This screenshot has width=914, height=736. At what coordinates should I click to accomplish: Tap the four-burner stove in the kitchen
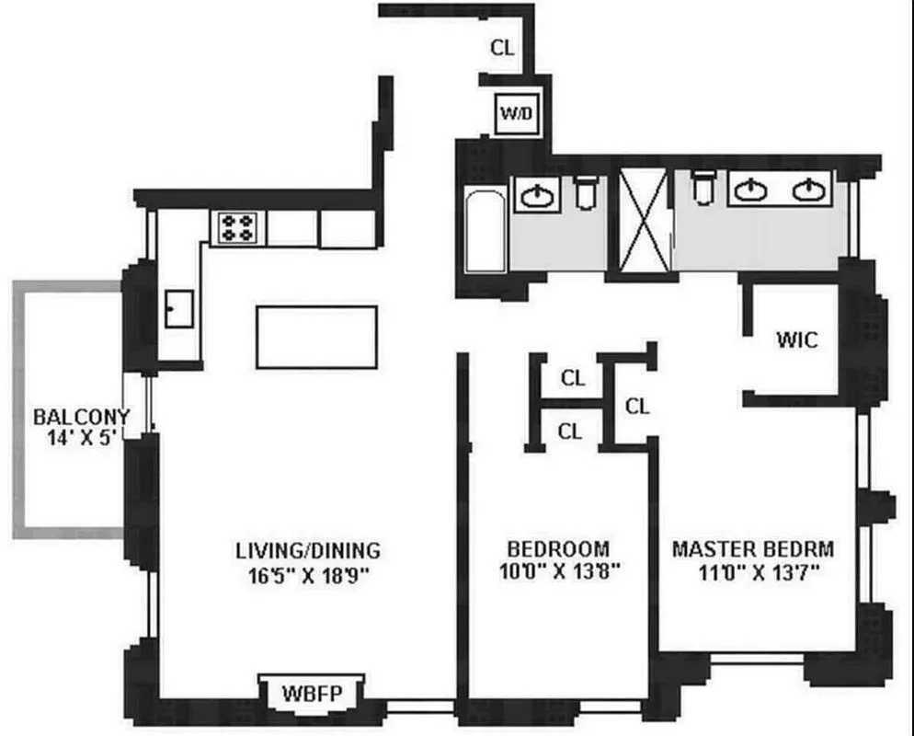click(238, 227)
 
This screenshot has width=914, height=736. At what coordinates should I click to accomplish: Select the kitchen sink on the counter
click(178, 308)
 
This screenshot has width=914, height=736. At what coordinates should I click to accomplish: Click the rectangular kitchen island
click(316, 337)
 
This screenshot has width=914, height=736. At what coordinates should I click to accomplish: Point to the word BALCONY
click(82, 417)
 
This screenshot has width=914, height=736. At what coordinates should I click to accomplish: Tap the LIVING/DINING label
click(307, 551)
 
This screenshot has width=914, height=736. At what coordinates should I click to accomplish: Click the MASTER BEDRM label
click(753, 549)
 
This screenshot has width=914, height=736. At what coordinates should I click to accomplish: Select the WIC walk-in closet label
click(796, 339)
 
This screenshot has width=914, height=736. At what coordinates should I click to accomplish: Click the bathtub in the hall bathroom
click(484, 230)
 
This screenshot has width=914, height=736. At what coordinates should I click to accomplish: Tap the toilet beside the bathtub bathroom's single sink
click(586, 192)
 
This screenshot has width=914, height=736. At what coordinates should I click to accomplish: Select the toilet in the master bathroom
click(703, 189)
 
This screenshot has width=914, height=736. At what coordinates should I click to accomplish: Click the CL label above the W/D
click(502, 49)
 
